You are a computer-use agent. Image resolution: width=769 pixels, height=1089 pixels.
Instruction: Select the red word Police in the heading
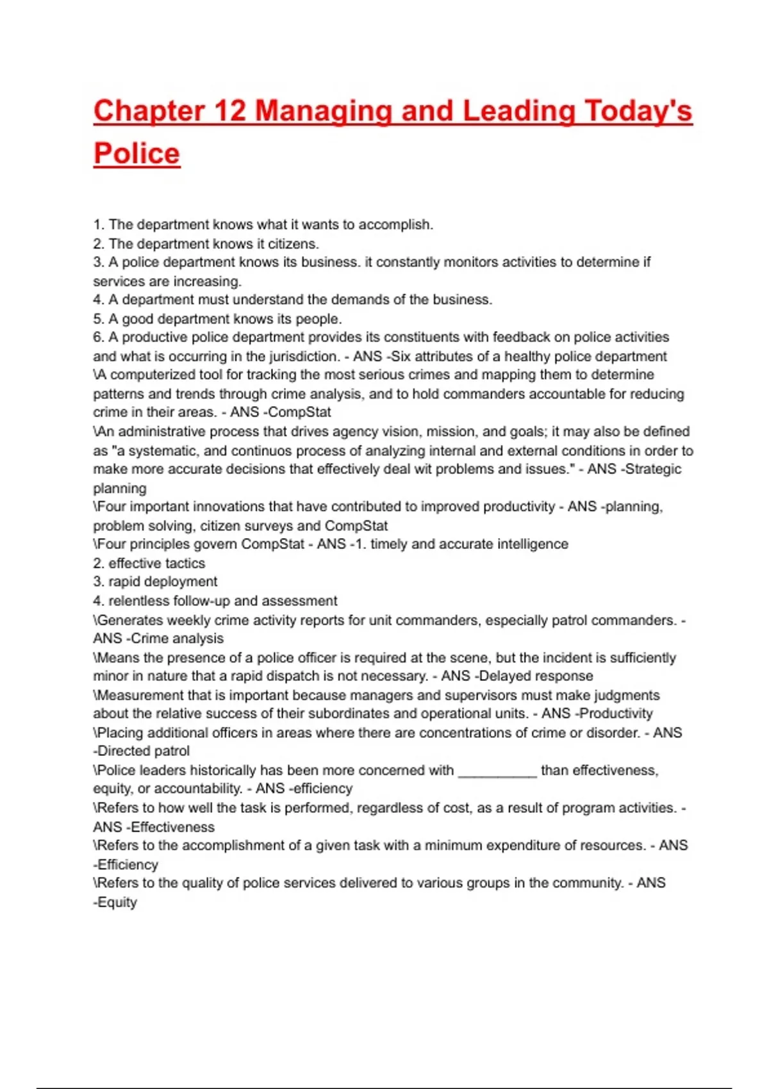coord(136,154)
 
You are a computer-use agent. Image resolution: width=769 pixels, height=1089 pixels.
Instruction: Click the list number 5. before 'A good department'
coord(98,319)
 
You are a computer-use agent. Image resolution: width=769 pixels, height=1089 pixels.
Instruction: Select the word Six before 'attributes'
coord(401,357)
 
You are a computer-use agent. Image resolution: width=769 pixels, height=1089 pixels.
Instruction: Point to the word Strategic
coord(653,469)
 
